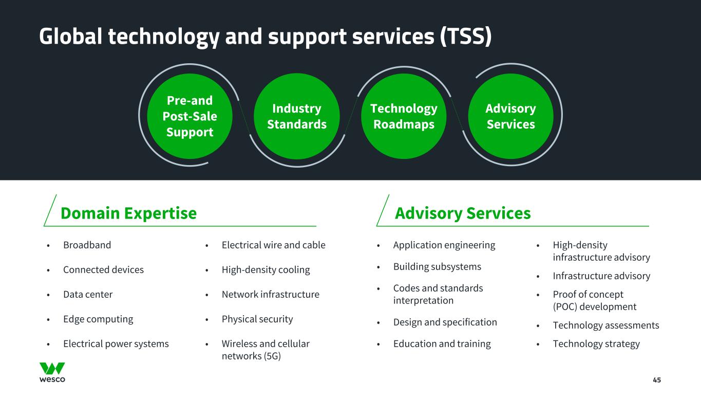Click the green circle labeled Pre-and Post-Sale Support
click(x=190, y=116)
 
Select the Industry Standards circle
click(x=297, y=116)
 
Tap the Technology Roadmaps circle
click(x=404, y=116)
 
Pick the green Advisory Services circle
click(x=510, y=116)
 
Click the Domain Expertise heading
click(x=128, y=213)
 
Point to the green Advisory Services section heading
click(x=462, y=213)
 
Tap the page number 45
click(x=656, y=380)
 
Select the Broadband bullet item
click(x=87, y=245)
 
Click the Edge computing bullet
click(x=98, y=319)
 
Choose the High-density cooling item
click(x=266, y=270)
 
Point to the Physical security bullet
click(x=257, y=319)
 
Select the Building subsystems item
click(x=437, y=266)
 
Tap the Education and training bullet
click(x=442, y=344)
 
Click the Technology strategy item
click(x=596, y=344)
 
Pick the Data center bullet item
click(x=88, y=294)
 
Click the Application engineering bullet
click(x=444, y=245)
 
